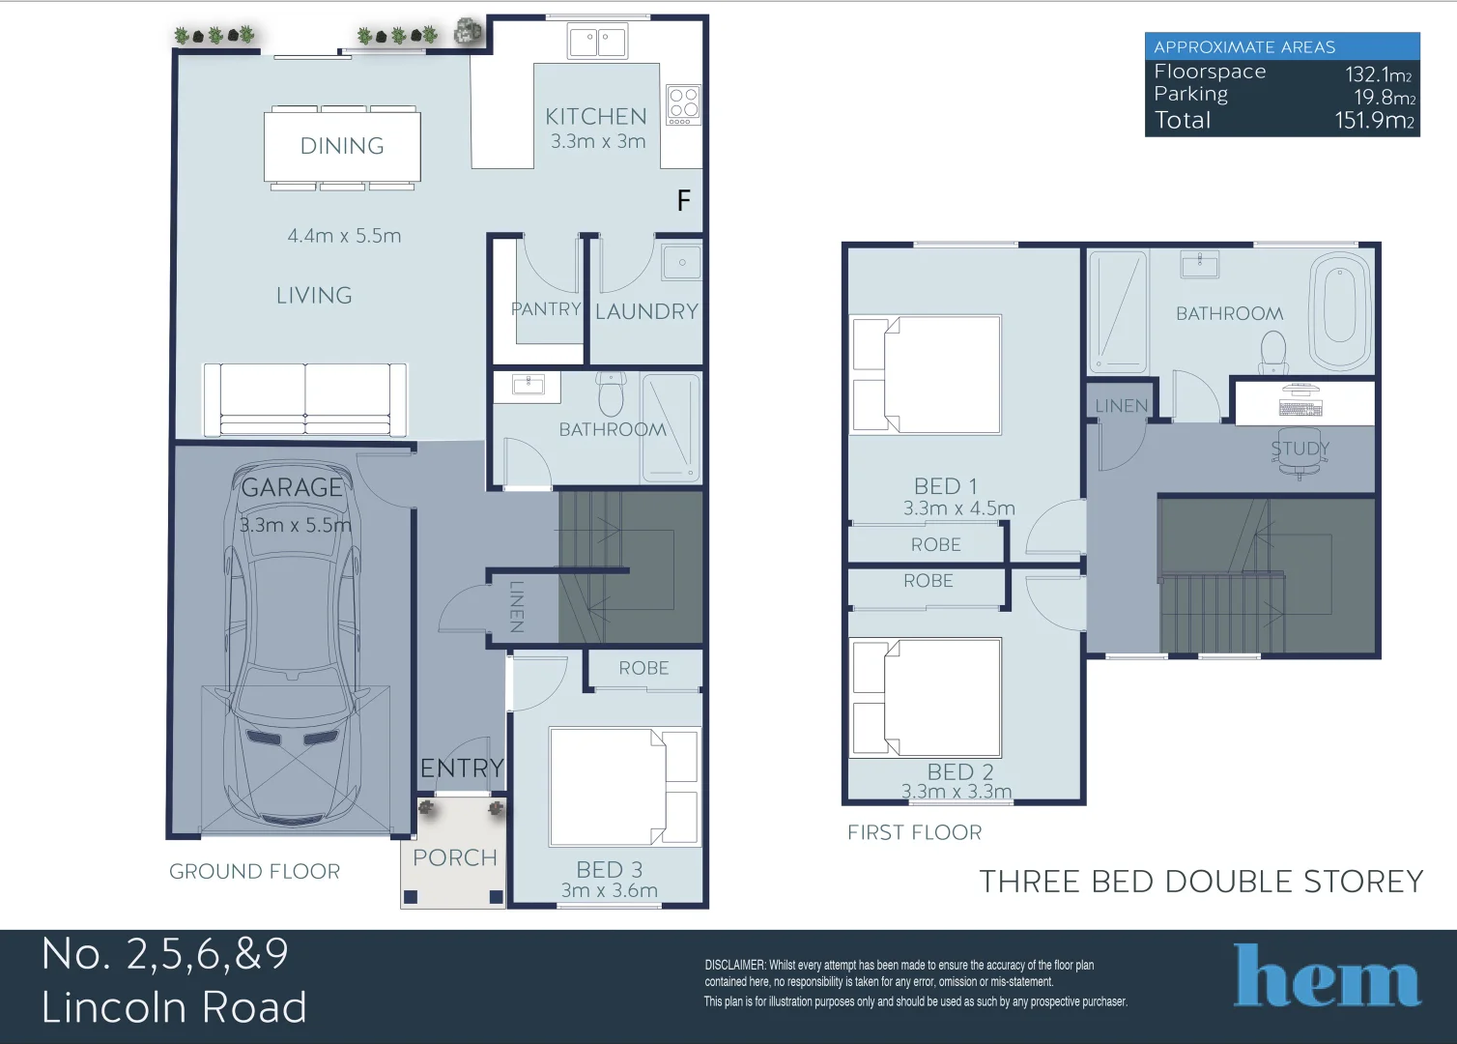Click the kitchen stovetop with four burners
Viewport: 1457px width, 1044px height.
683,104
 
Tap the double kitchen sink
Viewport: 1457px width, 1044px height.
597,41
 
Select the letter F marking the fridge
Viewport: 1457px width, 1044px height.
683,200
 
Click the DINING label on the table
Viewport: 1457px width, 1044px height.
342,146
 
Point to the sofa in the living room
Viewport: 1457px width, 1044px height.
305,399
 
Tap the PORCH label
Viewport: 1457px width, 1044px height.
455,857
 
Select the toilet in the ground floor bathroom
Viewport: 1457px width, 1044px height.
611,393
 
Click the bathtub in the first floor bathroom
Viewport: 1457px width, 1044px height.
1340,309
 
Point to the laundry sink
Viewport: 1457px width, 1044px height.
681,262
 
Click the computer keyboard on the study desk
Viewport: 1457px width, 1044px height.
1300,409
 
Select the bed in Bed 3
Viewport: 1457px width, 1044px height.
623,787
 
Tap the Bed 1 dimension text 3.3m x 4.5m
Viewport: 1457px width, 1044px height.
958,508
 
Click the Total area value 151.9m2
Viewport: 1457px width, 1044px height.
1375,121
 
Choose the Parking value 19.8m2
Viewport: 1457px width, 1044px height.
1385,98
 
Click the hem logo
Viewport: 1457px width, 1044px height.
1327,975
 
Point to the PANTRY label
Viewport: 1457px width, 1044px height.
546,308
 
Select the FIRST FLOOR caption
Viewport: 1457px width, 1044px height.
915,832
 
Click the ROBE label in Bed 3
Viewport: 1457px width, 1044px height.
643,668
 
